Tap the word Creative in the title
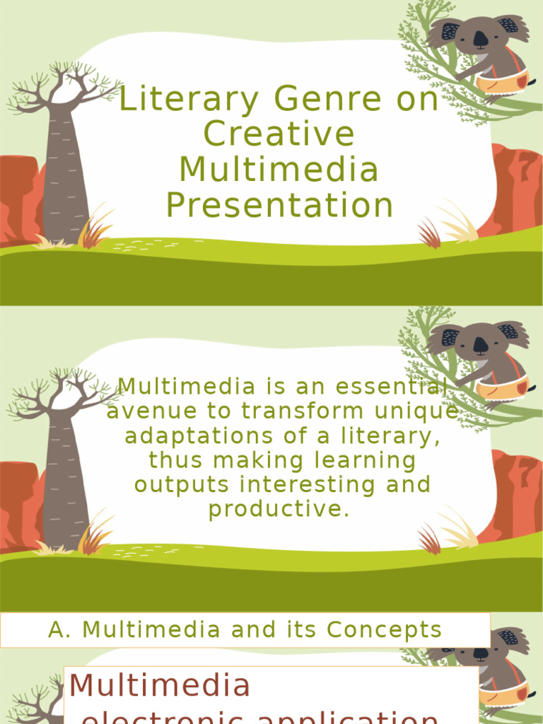tap(279, 134)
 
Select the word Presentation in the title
tap(279, 205)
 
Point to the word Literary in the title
tap(188, 100)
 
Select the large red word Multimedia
tap(160, 685)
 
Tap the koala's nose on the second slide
tap(480, 345)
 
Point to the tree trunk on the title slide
tap(66, 177)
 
